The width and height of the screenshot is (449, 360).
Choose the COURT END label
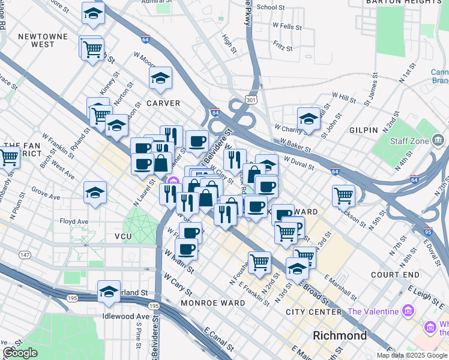pos(394,275)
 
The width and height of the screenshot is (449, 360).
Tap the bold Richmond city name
pos(340,335)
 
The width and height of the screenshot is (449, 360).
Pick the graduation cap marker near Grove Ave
pos(95,192)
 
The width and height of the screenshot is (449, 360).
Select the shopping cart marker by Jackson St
pos(343,194)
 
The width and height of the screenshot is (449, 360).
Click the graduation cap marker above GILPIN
pos(309,118)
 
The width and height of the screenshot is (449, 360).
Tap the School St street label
pos(270,8)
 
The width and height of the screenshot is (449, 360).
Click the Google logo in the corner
pos(20,353)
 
